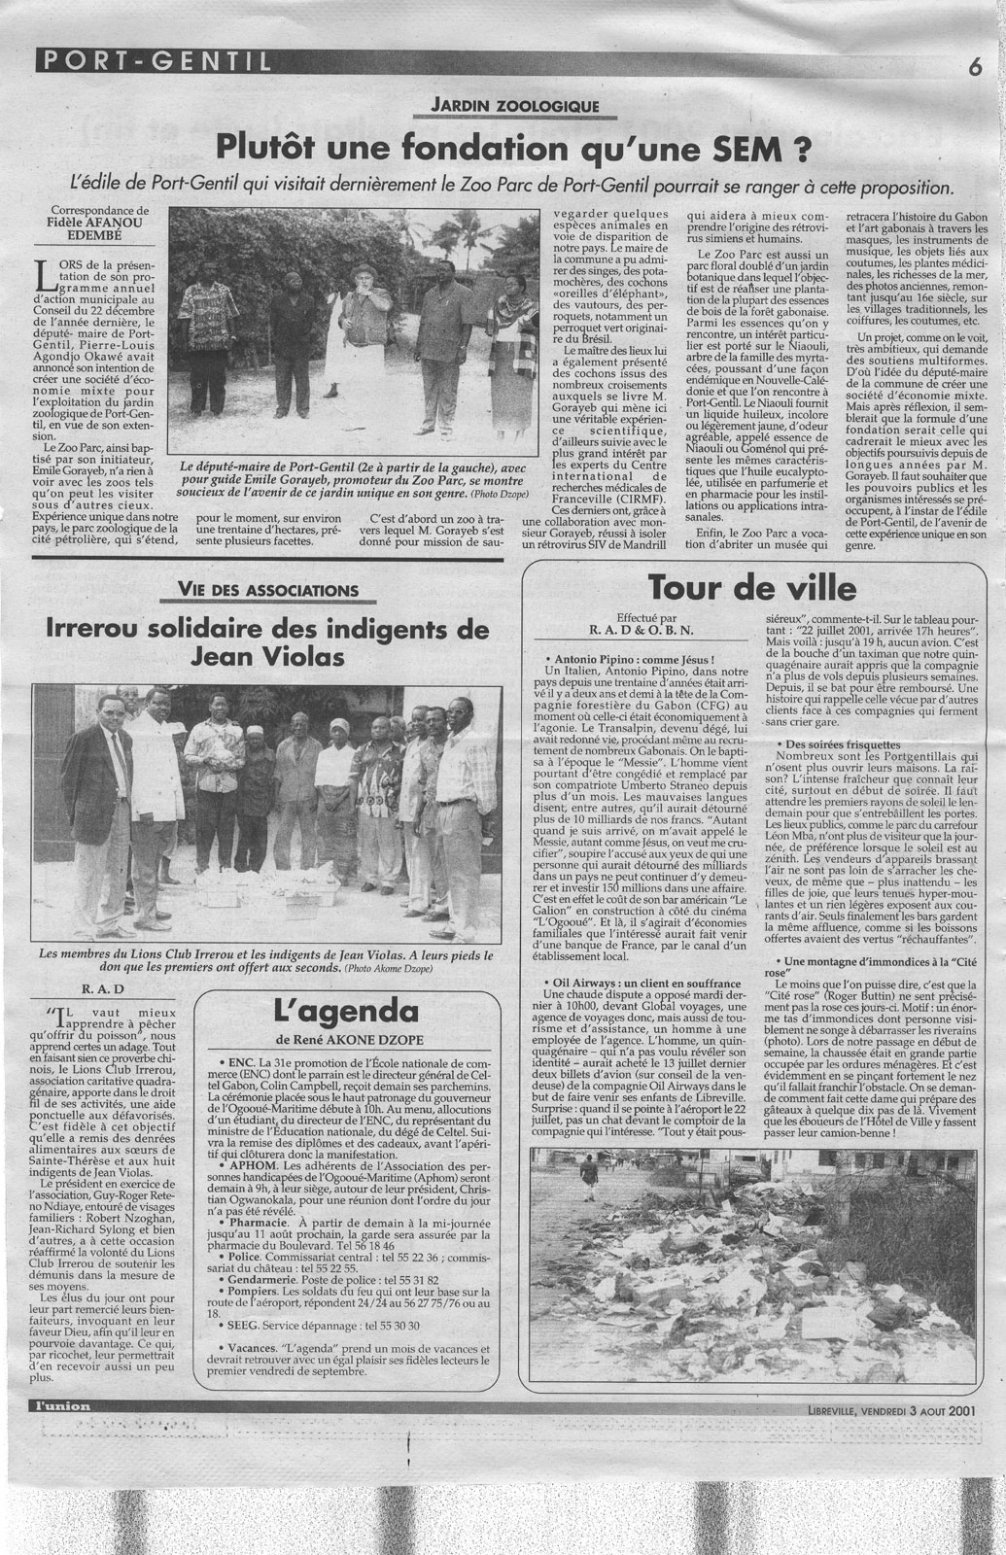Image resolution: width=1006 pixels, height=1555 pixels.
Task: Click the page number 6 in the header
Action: pyautogui.click(x=972, y=66)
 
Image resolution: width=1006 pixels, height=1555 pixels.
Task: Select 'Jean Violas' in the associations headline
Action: pyautogui.click(x=263, y=659)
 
